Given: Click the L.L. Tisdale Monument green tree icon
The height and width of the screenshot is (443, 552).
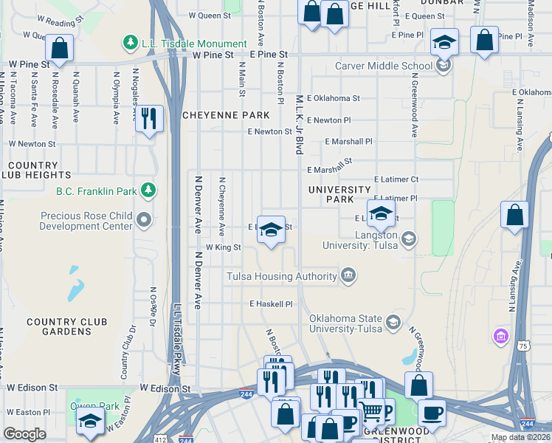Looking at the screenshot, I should click(x=131, y=44).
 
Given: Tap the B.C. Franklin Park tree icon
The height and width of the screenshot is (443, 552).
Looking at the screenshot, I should click(x=148, y=191).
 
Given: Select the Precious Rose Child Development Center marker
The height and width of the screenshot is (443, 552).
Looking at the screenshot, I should click(x=145, y=220).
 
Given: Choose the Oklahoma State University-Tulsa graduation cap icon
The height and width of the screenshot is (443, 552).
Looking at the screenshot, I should click(x=393, y=323).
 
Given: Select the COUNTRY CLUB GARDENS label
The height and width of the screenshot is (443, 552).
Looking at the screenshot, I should click(x=67, y=327).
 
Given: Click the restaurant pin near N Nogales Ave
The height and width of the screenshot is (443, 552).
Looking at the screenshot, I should click(x=149, y=118).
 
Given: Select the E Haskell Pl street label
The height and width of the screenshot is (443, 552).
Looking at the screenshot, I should click(x=271, y=303).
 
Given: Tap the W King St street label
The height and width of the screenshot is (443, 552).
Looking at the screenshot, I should click(x=223, y=247).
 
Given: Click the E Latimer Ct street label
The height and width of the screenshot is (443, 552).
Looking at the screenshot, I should click(x=396, y=179).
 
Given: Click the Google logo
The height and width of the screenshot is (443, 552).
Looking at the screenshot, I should click(x=24, y=434).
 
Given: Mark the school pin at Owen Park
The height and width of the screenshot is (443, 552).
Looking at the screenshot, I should click(x=90, y=422).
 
